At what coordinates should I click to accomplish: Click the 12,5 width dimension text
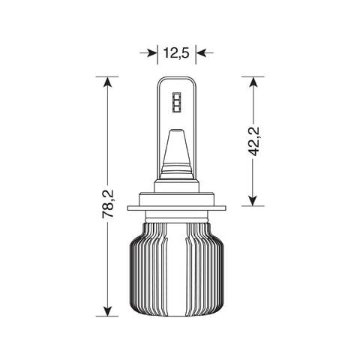tap(177, 52)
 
